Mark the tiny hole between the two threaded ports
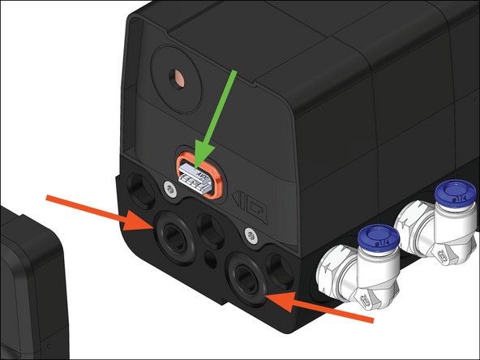coord(212,260)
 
